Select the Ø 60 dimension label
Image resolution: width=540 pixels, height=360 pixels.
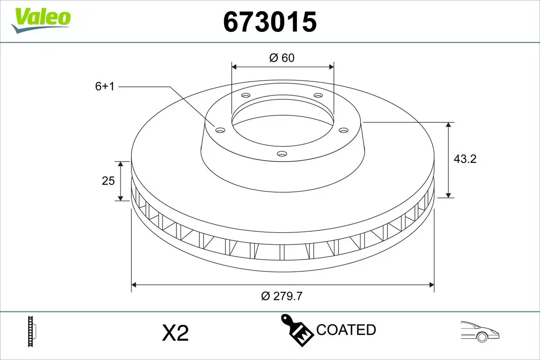[x=282, y=58]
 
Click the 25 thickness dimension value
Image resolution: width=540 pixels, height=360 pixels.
[x=108, y=181]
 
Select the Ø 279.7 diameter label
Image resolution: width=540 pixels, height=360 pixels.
[x=282, y=296]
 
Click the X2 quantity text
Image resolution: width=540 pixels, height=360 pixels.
[x=175, y=333]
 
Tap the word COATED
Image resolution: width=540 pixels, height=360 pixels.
[x=346, y=330]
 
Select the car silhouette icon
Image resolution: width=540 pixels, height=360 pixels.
[x=480, y=331]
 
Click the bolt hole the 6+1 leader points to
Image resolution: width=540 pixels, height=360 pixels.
[x=220, y=130]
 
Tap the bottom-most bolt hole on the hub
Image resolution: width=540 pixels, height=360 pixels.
[x=282, y=154]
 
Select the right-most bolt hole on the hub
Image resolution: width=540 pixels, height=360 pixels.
[x=344, y=130]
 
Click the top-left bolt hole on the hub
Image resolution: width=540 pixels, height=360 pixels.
[x=246, y=95]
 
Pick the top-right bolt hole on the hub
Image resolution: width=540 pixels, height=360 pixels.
[x=318, y=95]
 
